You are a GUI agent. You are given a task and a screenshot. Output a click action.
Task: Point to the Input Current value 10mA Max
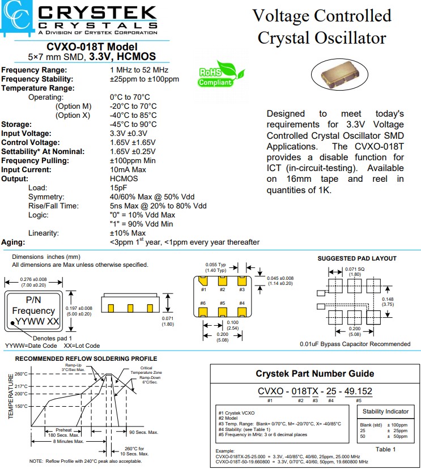tap(128, 170)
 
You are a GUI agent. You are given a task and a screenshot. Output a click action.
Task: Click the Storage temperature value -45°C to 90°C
tap(134, 125)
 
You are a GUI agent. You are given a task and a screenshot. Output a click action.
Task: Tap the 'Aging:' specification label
tap(14, 242)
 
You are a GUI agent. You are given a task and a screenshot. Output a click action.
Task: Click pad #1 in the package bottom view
tap(203, 281)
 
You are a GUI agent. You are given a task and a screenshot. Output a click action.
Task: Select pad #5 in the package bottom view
tap(223, 312)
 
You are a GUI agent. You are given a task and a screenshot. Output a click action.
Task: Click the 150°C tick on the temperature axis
tap(21, 406)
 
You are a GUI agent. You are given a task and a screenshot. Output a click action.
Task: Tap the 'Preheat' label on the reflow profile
tap(63, 430)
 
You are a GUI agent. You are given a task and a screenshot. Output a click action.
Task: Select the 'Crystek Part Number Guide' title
tap(315, 373)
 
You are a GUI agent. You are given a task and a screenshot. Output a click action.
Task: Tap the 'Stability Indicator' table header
tap(386, 411)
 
